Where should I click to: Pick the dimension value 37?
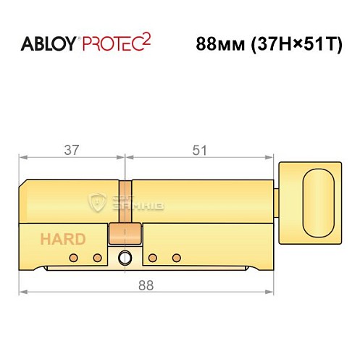72,151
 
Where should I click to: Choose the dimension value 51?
200,151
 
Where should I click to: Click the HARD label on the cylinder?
62,239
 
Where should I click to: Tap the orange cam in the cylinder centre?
123,234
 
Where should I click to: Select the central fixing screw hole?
127,258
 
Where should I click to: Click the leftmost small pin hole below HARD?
72,258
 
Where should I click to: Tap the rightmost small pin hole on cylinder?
176,258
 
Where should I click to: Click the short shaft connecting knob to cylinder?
277,198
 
